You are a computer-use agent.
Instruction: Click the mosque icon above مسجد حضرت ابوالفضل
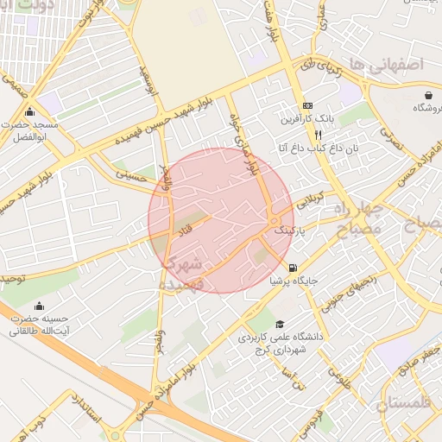(x=30, y=112)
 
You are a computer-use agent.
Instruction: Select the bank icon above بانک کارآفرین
(x=306, y=105)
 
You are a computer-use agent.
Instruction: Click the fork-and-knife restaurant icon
(x=318, y=135)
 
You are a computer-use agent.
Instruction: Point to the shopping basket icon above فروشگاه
(x=429, y=94)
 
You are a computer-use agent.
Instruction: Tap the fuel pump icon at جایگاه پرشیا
(x=293, y=268)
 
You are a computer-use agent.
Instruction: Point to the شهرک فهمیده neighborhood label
(x=183, y=271)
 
